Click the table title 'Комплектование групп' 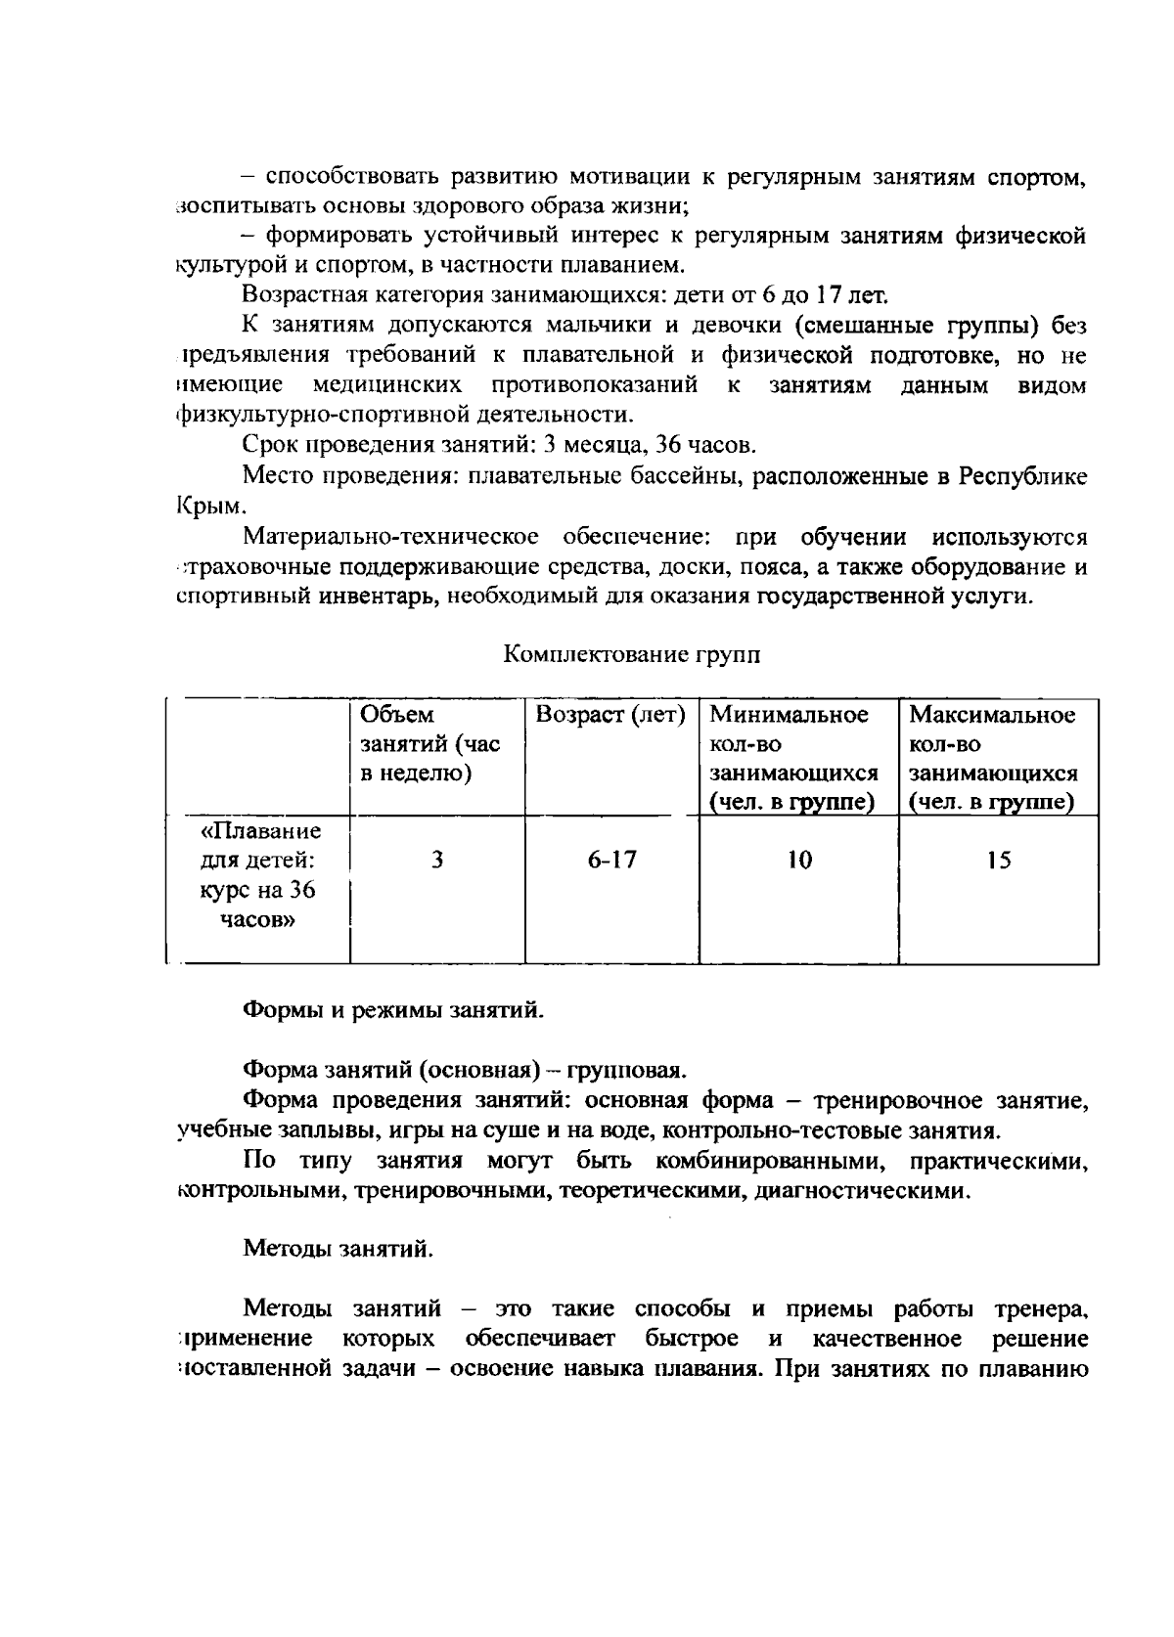click(x=632, y=655)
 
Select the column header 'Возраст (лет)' click(x=610, y=715)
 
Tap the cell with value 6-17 click(x=611, y=861)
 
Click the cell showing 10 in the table click(x=799, y=861)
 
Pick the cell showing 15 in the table click(x=999, y=861)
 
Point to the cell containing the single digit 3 click(x=437, y=861)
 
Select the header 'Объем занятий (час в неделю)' click(x=430, y=744)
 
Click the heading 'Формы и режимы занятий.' click(x=392, y=1010)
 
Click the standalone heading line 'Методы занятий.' click(x=338, y=1250)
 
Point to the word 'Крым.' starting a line click(x=204, y=508)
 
